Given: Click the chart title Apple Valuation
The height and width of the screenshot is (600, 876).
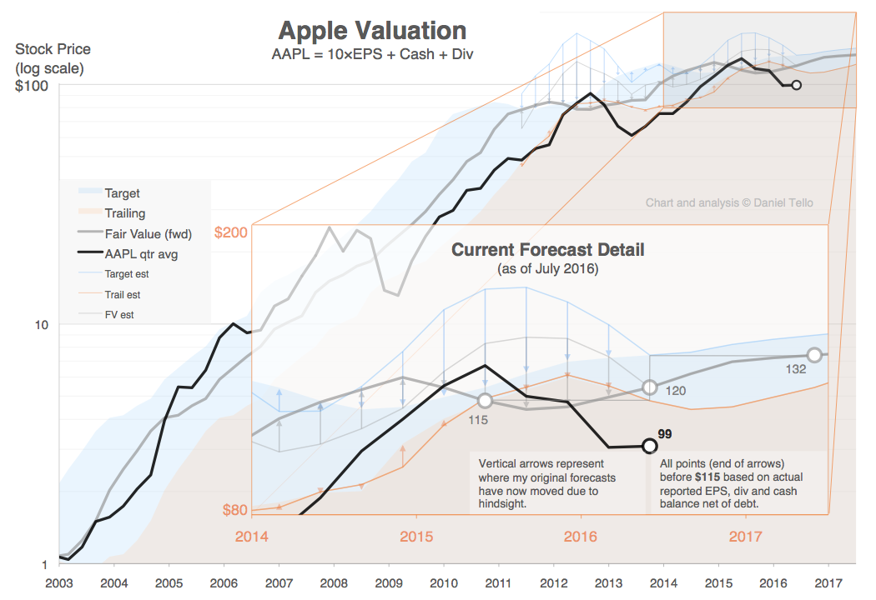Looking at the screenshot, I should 372,32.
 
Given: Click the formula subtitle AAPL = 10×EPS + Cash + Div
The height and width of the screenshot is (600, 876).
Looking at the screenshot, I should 372,54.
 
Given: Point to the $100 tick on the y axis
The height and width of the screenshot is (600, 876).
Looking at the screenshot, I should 32,86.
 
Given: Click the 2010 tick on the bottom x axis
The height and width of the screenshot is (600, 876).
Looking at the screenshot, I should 443,583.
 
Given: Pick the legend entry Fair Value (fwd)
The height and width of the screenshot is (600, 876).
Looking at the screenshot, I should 148,234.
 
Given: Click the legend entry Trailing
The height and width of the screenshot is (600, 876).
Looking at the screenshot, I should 124,213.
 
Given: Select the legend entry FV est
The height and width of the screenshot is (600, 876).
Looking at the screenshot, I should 119,315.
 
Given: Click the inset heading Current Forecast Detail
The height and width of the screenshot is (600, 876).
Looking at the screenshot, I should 547,250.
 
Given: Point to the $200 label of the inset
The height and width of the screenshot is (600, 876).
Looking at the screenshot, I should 231,232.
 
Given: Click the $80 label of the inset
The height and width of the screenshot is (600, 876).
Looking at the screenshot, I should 234,510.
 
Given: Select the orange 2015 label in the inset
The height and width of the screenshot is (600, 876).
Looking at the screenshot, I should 416,537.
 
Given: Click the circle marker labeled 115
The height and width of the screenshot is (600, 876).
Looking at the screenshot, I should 485,401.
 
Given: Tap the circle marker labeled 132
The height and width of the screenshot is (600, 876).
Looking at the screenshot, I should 814,356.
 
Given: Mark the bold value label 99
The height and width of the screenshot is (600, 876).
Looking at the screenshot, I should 665,434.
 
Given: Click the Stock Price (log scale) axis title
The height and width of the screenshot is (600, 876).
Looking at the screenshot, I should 53,58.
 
